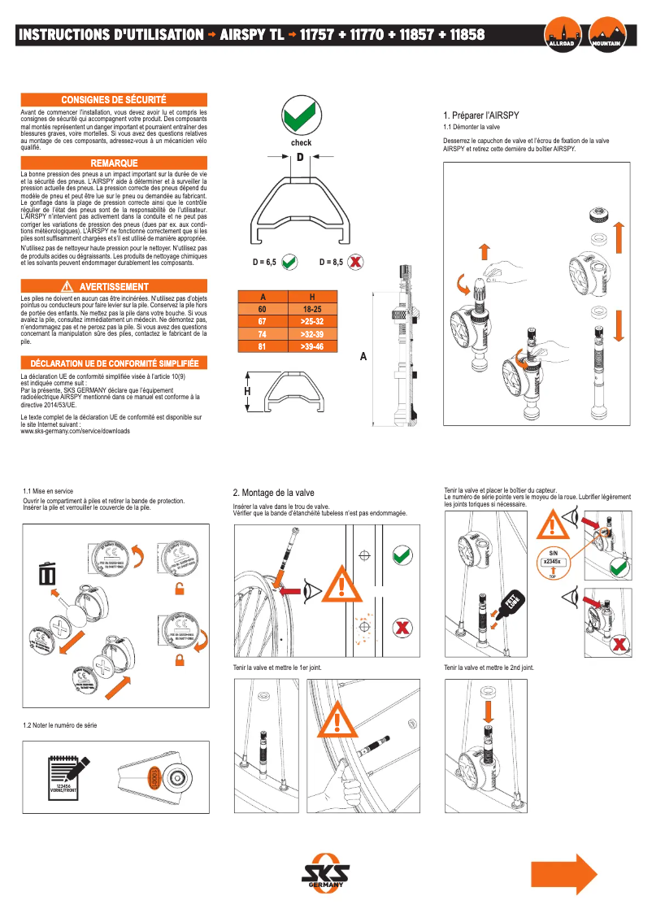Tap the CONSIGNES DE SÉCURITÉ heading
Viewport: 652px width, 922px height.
pyautogui.click(x=114, y=98)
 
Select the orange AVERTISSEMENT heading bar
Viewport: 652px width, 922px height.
pyautogui.click(x=113, y=287)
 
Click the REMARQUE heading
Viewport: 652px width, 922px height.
pyautogui.click(x=114, y=163)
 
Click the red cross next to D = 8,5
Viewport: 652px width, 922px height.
pyautogui.click(x=354, y=263)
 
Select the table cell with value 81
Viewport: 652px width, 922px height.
pyautogui.click(x=262, y=346)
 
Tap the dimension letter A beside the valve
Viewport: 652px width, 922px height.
pyautogui.click(x=363, y=356)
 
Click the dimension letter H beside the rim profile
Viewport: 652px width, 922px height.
pyautogui.click(x=247, y=392)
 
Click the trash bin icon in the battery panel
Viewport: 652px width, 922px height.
pyautogui.click(x=47, y=574)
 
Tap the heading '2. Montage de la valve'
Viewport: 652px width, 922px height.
pyautogui.click(x=273, y=493)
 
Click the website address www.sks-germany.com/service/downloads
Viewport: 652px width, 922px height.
pyautogui.click(x=75, y=431)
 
